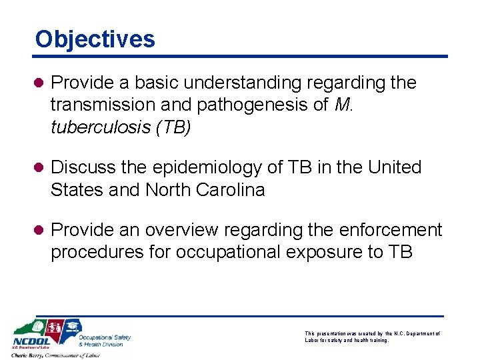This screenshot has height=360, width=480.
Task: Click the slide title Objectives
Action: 95,39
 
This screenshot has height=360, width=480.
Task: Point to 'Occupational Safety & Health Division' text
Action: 104,340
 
